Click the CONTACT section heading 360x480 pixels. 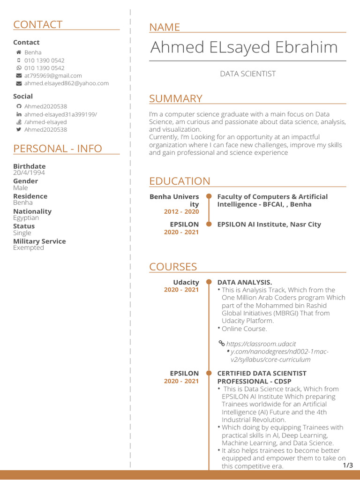click(37, 25)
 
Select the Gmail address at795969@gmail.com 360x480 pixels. click(53, 75)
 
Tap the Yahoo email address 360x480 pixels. click(66, 83)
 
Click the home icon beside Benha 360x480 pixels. click(19, 52)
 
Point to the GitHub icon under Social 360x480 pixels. click(19, 106)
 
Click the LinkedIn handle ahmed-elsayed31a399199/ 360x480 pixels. click(60, 114)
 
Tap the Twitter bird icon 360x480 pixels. click(19, 129)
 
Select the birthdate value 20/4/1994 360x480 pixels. click(29, 173)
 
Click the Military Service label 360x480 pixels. click(39, 241)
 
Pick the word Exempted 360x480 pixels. click(29, 248)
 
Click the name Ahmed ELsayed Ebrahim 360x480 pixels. click(244, 47)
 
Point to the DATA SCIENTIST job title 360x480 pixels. click(248, 74)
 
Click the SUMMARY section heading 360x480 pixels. click(175, 99)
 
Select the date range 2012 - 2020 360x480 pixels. click(181, 212)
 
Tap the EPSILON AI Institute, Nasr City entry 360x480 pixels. click(269, 225)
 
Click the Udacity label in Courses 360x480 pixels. click(186, 282)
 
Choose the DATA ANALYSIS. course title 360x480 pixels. click(244, 282)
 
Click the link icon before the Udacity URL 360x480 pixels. click(222, 344)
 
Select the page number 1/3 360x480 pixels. click(348, 465)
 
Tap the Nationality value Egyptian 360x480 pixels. click(26, 218)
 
